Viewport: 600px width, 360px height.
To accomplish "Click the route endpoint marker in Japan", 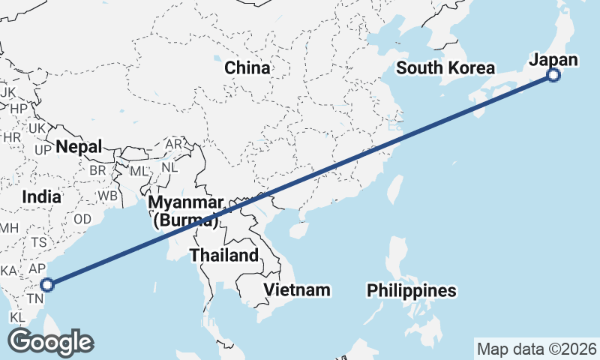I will (x=553, y=75).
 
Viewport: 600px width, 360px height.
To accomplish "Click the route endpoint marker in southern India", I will (x=47, y=285).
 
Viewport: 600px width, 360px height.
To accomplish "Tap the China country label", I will (x=247, y=68).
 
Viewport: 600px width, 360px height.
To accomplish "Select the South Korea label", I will (x=445, y=68).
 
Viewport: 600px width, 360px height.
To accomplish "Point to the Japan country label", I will (x=553, y=60).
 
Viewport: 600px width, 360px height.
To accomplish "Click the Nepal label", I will (x=78, y=147).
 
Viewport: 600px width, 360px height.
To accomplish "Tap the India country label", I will (x=41, y=196).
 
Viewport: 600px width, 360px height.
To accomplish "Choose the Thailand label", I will (x=223, y=255).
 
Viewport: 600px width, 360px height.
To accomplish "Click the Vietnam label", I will (x=297, y=289).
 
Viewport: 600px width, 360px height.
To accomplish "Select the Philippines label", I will (x=411, y=290).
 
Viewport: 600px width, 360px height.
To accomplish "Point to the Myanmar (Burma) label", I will (x=185, y=211).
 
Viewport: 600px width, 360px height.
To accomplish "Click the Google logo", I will (x=50, y=342).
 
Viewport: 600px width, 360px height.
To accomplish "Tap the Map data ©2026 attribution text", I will (x=537, y=349).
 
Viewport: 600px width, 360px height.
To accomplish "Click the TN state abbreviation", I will (x=34, y=298).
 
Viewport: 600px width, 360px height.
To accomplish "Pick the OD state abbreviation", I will (x=83, y=219).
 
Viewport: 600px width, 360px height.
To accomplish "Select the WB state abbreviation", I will (x=108, y=195).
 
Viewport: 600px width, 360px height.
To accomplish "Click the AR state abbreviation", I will (x=174, y=143).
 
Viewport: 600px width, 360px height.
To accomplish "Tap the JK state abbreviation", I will (x=8, y=91).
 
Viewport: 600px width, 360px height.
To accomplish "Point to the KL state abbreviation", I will (x=19, y=317).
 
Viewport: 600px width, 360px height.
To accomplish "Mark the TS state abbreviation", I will (x=39, y=242).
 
